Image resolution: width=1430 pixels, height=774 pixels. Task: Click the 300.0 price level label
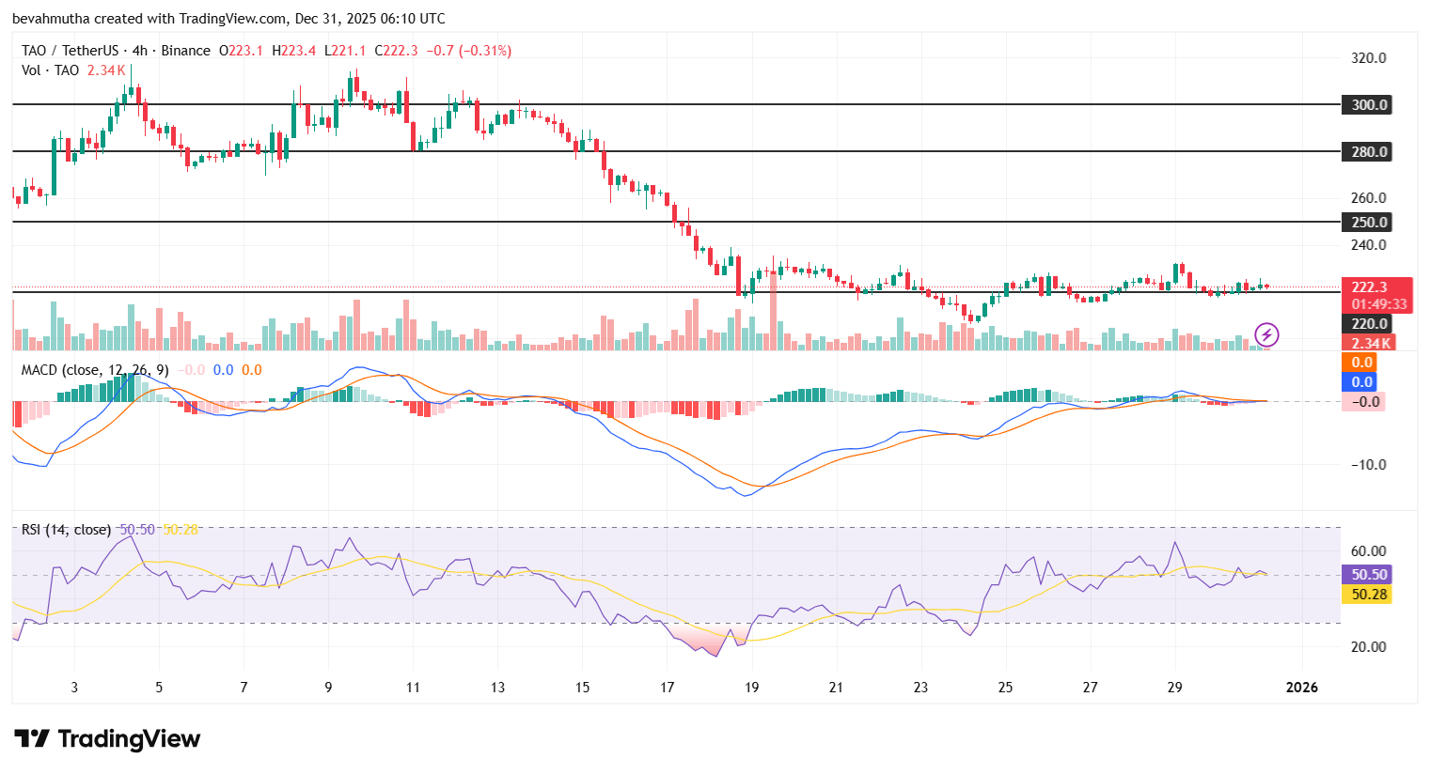[x=1368, y=105]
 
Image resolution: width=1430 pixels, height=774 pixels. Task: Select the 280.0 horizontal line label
[x=1368, y=152]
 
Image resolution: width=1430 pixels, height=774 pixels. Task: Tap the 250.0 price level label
[x=1368, y=223]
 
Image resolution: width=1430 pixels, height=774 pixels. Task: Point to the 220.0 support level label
[x=1369, y=324]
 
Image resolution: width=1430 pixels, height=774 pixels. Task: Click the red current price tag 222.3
[x=1370, y=287]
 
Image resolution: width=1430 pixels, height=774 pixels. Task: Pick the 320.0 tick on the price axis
[x=1368, y=58]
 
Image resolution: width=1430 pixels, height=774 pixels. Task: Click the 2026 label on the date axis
[x=1301, y=688]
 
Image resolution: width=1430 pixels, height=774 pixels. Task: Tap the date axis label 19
[x=751, y=688]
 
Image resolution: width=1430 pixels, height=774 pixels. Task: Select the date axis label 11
[x=413, y=688]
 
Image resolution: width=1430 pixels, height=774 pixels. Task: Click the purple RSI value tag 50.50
[x=1369, y=575]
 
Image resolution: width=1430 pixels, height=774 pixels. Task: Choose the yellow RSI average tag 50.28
[x=1369, y=595]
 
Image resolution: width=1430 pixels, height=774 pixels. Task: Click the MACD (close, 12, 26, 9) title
[x=94, y=370]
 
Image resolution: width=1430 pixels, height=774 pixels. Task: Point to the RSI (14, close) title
[x=66, y=530]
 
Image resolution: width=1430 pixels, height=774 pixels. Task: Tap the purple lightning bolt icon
[x=1266, y=333]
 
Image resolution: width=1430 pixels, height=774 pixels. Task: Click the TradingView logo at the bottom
[x=107, y=739]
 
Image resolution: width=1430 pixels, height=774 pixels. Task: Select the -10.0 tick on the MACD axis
[x=1368, y=465]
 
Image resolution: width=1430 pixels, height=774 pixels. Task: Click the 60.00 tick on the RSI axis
[x=1368, y=551]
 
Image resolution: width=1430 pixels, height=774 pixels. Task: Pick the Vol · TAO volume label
[x=50, y=70]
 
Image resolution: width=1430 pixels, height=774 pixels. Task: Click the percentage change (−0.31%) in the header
[x=485, y=51]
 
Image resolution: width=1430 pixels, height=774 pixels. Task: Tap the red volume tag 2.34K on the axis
[x=1370, y=344]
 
